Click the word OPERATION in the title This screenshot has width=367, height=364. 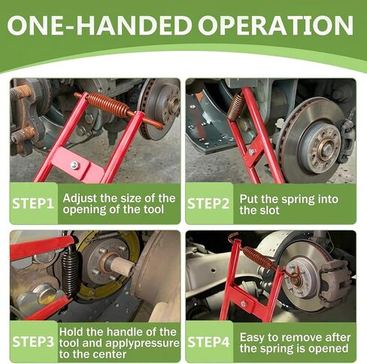tap(276, 26)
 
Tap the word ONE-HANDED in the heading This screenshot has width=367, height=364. tap(99, 26)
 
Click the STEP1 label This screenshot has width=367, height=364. tap(33, 203)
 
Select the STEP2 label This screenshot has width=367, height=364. tap(208, 204)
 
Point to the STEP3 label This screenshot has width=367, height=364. tap(33, 341)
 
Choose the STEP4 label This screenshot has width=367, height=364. tap(208, 342)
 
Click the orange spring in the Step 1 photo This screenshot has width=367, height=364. tap(108, 105)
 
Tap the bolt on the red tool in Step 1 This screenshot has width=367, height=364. tap(75, 165)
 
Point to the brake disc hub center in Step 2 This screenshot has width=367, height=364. tap(326, 147)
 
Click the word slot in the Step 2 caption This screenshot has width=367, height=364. tap(271, 211)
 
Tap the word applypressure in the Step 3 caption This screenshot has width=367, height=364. tap(142, 344)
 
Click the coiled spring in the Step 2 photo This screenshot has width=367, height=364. tap(236, 106)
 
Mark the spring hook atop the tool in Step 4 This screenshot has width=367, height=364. tap(233, 237)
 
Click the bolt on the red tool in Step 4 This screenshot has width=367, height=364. tap(244, 304)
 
